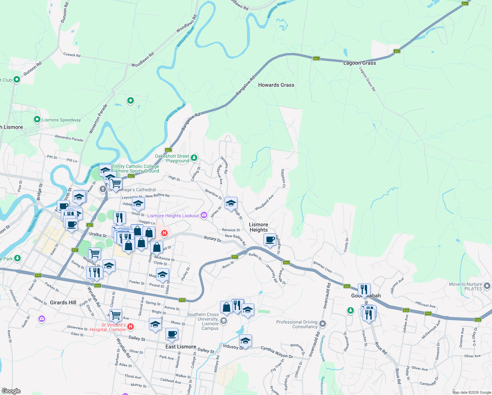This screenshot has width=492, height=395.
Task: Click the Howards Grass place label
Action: [276, 85]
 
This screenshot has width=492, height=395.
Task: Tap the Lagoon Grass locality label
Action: [359, 63]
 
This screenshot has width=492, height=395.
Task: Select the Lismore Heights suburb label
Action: [258, 227]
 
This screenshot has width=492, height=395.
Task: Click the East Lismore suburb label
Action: [181, 347]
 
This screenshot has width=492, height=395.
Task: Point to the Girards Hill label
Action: [63, 303]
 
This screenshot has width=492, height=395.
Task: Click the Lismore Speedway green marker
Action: [37, 119]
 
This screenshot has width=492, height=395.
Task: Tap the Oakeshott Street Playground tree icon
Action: [194, 158]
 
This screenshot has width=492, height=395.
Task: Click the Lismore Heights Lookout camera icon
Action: [204, 215]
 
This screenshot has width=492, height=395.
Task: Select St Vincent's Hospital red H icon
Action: [131, 327]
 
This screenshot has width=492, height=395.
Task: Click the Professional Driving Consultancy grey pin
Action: [323, 324]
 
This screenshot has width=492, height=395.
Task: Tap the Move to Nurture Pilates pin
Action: [487, 286]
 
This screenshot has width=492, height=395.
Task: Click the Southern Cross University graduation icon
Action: [224, 321]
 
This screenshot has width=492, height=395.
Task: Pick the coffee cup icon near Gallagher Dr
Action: [270, 239]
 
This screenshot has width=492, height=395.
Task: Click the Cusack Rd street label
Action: [72, 55]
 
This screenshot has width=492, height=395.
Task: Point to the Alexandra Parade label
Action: [69, 138]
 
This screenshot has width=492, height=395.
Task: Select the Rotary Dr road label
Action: [212, 239]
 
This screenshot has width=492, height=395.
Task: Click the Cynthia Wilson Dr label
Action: [277, 352]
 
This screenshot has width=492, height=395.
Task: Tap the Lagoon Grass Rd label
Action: [367, 79]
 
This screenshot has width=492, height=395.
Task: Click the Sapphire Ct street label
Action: [283, 178]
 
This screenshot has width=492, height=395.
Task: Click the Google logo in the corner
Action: [11, 391]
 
